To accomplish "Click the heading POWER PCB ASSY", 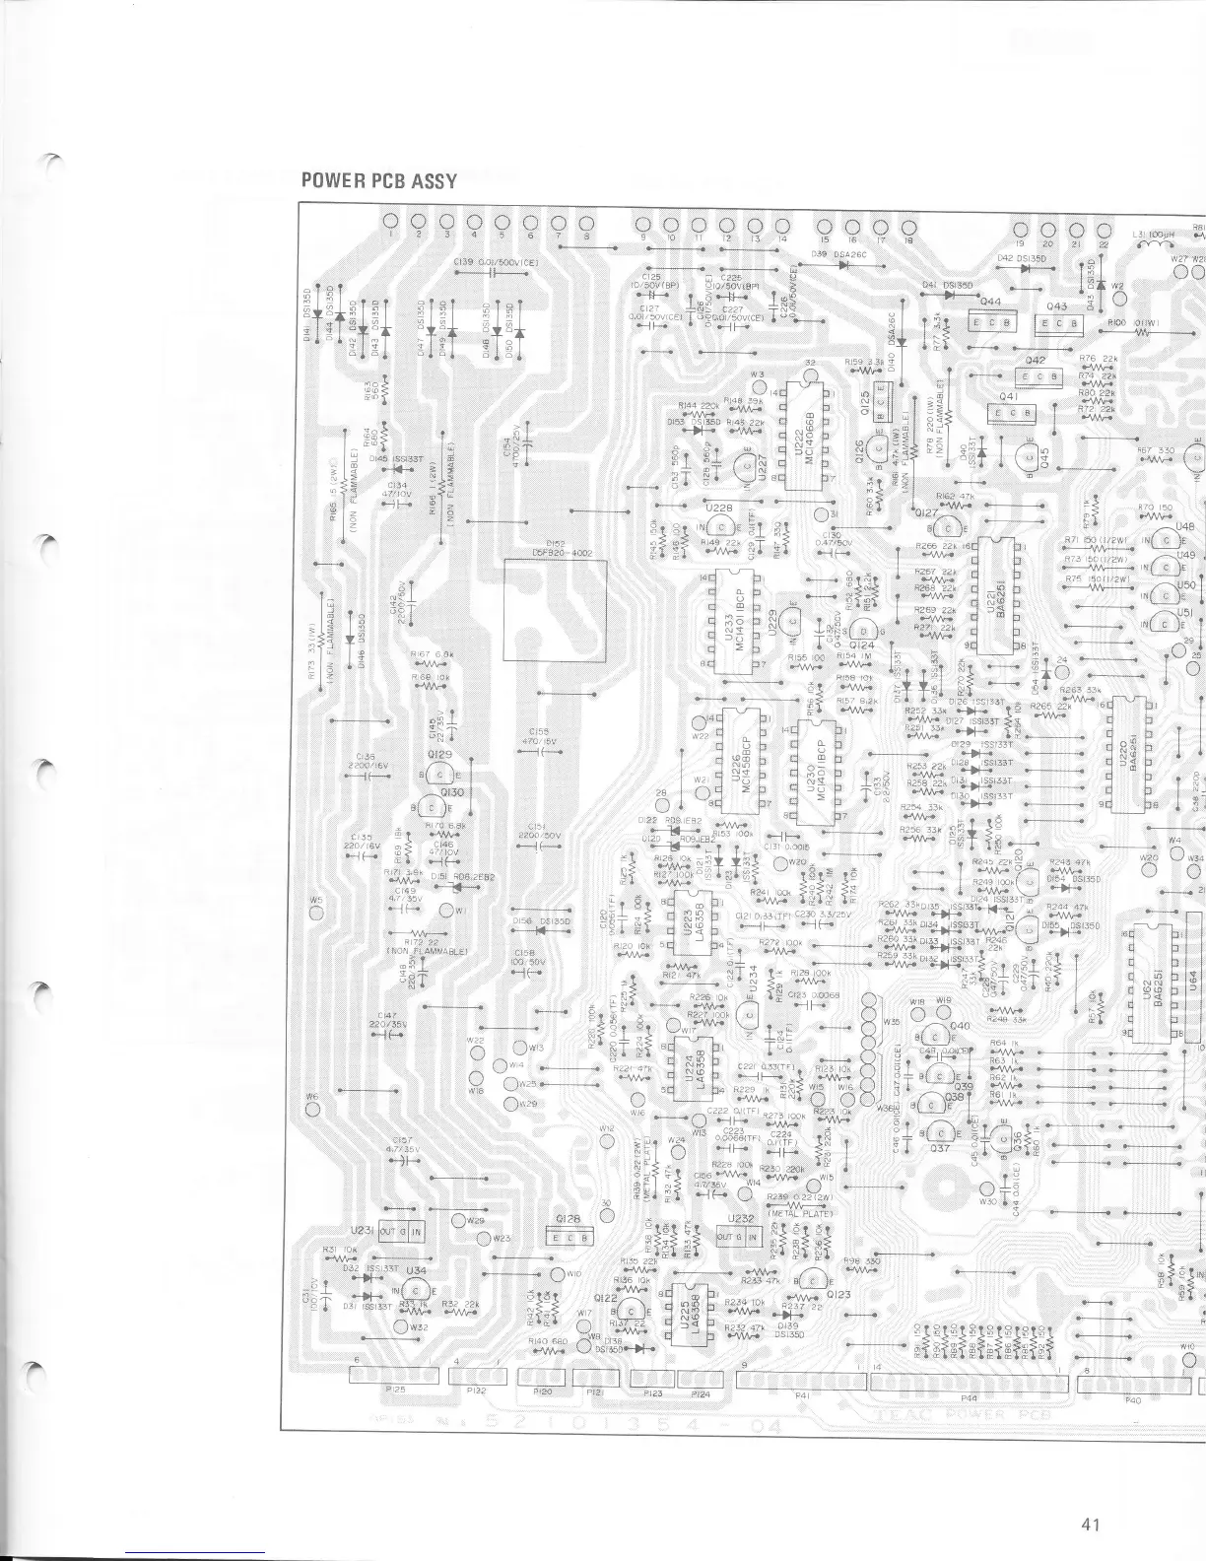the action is [379, 181].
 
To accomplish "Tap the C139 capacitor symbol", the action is [489, 275].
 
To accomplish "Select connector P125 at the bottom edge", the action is [395, 1378].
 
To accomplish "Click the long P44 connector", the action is [970, 1384].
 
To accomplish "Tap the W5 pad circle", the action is [316, 912].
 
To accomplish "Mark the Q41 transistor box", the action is [1012, 412].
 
